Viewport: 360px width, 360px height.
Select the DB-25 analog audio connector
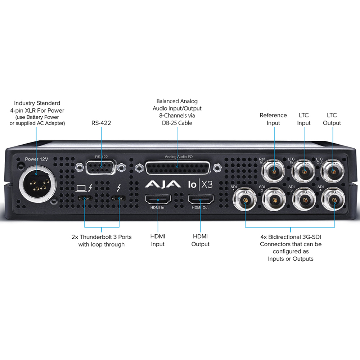click(x=177, y=167)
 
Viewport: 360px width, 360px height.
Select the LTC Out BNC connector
click(x=332, y=172)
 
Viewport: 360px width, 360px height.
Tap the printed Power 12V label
click(x=36, y=159)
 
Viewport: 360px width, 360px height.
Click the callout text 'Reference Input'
click(x=273, y=119)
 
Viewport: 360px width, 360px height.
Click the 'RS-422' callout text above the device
click(x=101, y=123)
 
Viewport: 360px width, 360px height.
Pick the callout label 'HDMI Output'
click(x=201, y=240)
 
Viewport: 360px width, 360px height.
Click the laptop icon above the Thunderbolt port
click(x=81, y=188)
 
